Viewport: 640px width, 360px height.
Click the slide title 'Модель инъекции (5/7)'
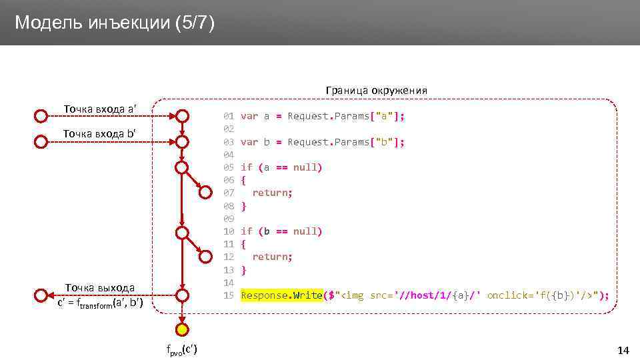tap(115, 23)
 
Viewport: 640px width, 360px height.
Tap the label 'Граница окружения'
tap(376, 90)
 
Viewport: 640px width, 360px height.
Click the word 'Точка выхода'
tap(99, 288)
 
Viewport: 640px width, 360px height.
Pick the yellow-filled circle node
tap(182, 329)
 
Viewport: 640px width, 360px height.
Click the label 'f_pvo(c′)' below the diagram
tap(182, 349)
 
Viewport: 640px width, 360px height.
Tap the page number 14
tap(623, 351)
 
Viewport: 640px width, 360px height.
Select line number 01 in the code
tap(229, 116)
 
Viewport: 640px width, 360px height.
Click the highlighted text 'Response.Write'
tap(281, 295)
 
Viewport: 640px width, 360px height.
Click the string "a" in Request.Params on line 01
tap(383, 116)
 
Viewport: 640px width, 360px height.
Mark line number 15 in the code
tap(229, 295)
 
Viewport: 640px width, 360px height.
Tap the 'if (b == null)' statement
tap(281, 231)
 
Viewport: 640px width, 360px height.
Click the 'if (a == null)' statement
tap(281, 167)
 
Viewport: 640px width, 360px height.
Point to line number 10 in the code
tap(229, 231)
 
